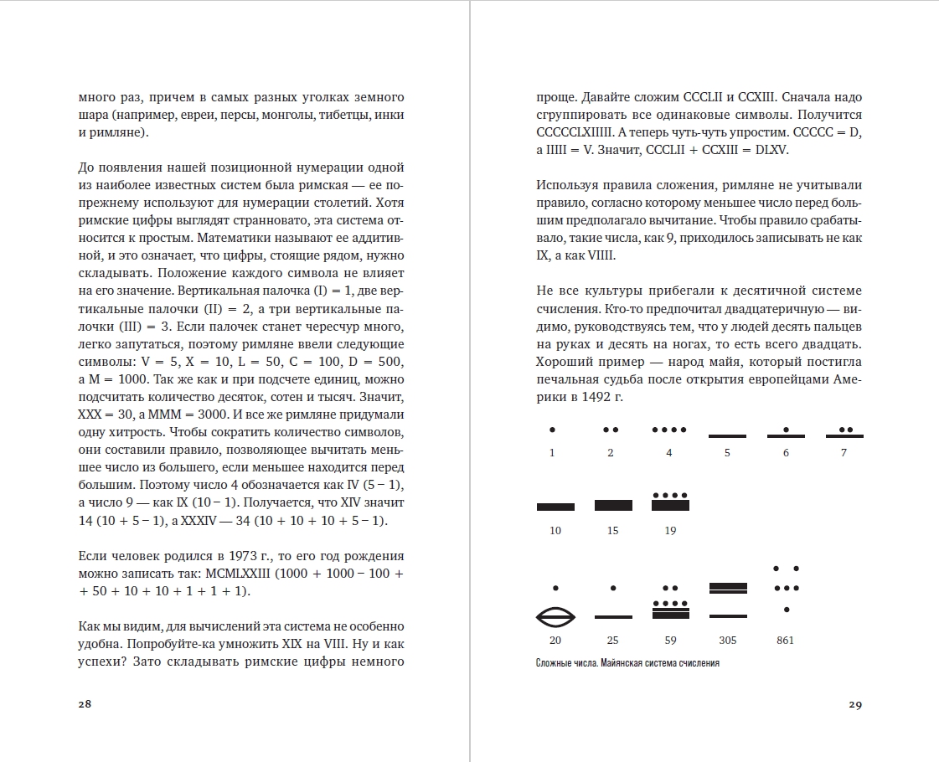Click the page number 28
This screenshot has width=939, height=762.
85,704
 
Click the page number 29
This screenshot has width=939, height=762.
854,704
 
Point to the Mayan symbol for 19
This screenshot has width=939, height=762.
670,501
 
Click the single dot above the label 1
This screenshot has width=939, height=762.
552,430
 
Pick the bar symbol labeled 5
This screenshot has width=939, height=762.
727,435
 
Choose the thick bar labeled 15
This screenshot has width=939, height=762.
612,505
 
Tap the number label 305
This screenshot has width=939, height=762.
727,641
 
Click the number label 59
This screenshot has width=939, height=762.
670,641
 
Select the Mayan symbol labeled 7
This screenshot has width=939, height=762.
844,433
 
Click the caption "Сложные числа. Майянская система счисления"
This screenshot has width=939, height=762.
627,663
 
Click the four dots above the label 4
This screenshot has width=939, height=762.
670,430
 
